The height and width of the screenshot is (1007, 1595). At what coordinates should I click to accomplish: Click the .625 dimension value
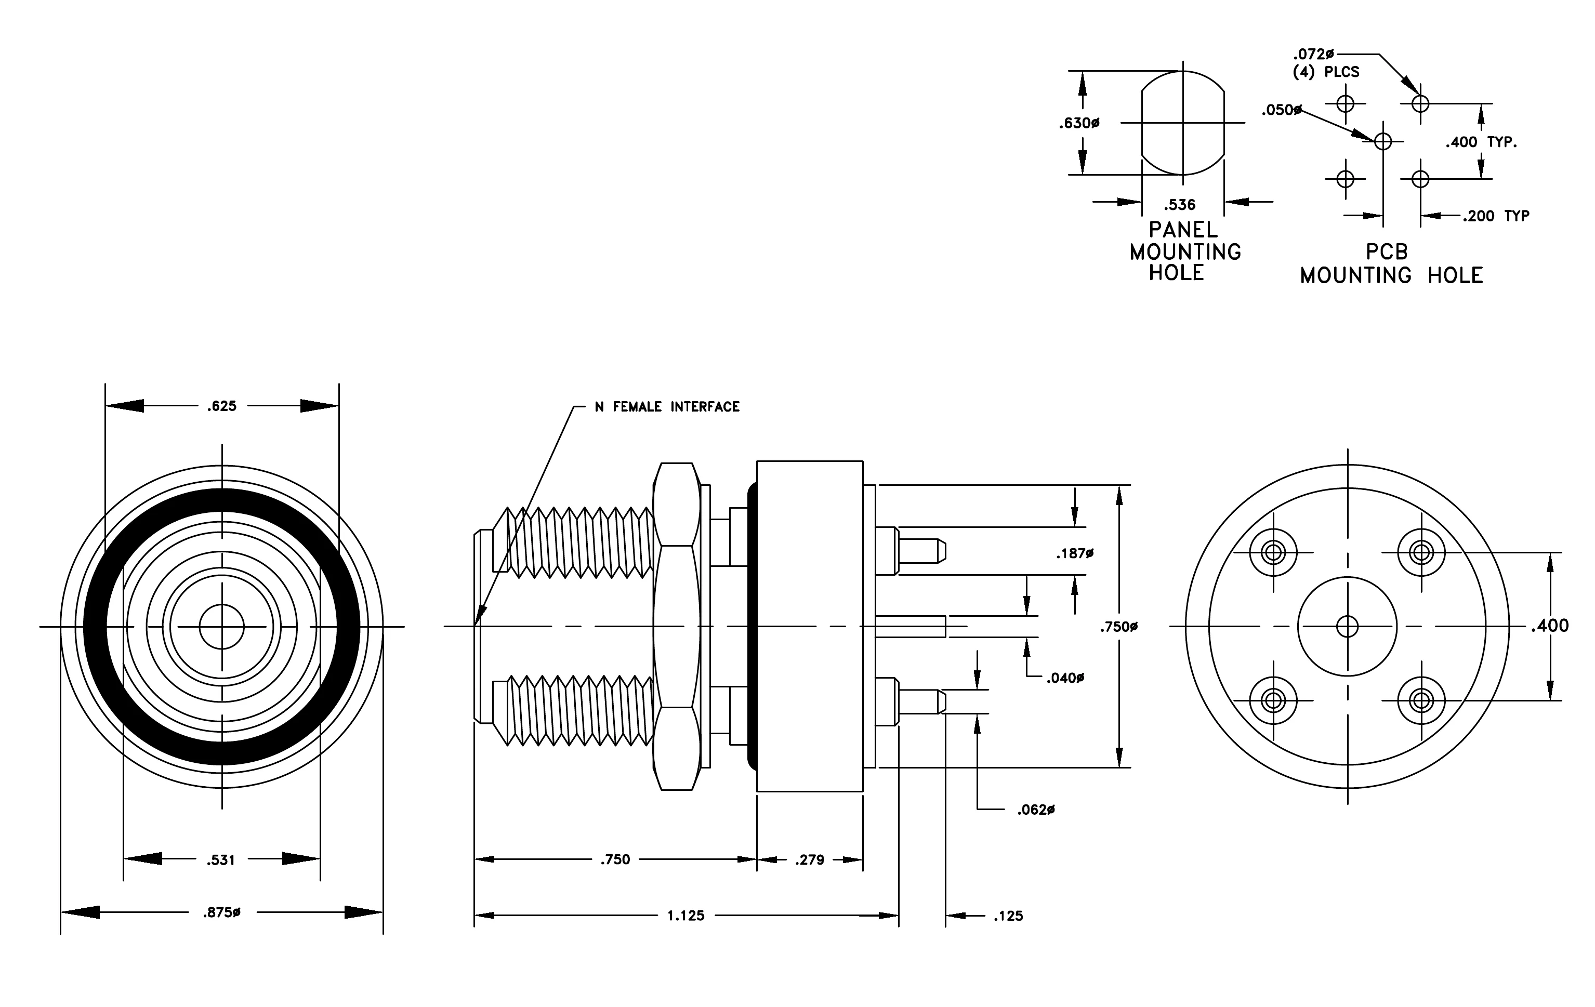221,406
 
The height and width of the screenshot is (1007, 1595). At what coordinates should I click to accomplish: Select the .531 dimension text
220,860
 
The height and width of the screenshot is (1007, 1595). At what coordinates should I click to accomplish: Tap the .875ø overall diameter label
221,912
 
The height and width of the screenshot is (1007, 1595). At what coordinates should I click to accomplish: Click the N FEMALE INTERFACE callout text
667,406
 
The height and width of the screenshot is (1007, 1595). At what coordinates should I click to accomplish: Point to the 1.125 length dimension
686,916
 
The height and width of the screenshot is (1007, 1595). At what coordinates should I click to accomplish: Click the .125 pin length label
1008,916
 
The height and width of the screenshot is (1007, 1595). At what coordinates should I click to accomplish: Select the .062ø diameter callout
1036,810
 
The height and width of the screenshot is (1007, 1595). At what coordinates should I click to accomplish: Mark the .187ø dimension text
1074,553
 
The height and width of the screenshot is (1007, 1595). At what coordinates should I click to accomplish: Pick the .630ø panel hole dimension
1079,123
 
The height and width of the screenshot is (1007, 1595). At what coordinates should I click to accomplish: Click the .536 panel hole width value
1180,205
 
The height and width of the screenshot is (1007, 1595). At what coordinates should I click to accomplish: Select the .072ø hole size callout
1313,54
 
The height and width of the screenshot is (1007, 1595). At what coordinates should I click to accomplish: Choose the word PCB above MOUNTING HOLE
1387,252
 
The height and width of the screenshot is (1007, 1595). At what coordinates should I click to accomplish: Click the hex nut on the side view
676,626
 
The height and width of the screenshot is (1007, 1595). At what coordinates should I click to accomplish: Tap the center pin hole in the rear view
1347,626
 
